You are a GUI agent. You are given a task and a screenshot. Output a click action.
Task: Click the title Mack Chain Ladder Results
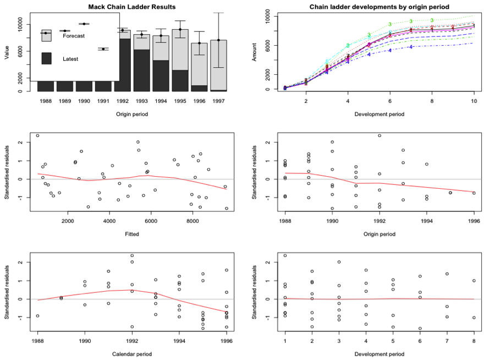pyautogui.click(x=132, y=7)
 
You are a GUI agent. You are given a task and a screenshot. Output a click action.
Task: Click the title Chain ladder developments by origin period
pyautogui.click(x=380, y=7)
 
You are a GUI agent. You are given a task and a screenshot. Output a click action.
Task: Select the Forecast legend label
pyautogui.click(x=74, y=36)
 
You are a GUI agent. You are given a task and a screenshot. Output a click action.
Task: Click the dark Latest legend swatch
pyautogui.click(x=47, y=59)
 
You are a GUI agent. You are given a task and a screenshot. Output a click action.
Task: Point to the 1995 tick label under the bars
pyautogui.click(x=180, y=101)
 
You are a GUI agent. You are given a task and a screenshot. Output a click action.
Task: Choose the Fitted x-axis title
pyautogui.click(x=131, y=234)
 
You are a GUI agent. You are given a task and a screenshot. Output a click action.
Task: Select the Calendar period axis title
pyautogui.click(x=131, y=353)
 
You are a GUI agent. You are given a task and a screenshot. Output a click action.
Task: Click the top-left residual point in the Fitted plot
pyautogui.click(x=37, y=135)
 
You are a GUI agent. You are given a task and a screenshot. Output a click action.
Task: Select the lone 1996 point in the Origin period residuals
pyautogui.click(x=474, y=193)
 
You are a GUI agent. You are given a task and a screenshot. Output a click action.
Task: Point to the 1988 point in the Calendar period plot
pyautogui.click(x=37, y=316)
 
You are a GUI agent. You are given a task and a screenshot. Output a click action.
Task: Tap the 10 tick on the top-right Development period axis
pyautogui.click(x=474, y=101)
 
